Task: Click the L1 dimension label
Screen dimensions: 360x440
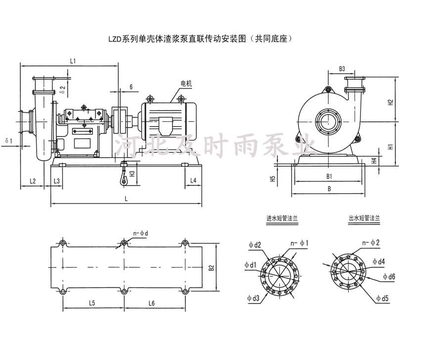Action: pyautogui.click(x=72, y=61)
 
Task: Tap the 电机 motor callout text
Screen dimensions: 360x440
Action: pyautogui.click(x=186, y=85)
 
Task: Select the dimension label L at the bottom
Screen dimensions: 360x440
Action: pyautogui.click(x=127, y=198)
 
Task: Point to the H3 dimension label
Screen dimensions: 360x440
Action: pyautogui.click(x=132, y=174)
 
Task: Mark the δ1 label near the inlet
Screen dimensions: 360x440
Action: pyautogui.click(x=9, y=141)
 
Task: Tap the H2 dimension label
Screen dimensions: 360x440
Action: pyautogui.click(x=391, y=102)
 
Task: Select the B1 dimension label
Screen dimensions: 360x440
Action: pyautogui.click(x=328, y=176)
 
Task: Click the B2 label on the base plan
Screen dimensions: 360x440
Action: pyautogui.click(x=212, y=268)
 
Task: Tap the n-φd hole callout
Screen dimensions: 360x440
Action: pyautogui.click(x=141, y=232)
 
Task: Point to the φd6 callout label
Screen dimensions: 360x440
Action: pyautogui.click(x=389, y=277)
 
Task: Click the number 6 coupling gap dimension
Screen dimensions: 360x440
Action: pyautogui.click(x=131, y=87)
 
